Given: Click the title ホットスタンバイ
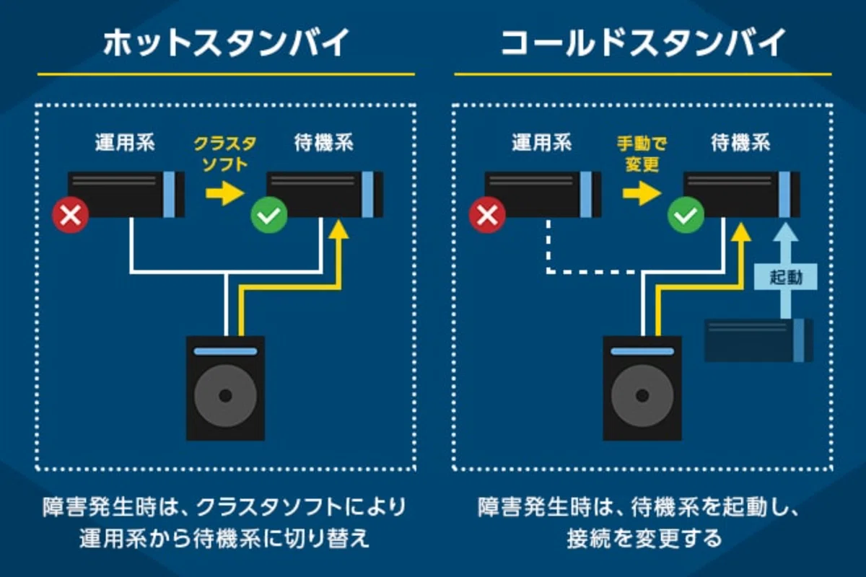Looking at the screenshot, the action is [x=226, y=43].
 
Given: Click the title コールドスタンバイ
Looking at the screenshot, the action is [x=643, y=43].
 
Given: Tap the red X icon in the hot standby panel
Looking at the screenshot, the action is [x=71, y=215].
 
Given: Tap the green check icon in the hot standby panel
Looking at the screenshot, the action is [x=269, y=215].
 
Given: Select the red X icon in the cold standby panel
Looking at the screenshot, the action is [x=487, y=215].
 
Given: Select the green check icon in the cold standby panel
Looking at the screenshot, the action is [x=686, y=215].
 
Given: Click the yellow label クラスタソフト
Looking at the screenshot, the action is [x=225, y=154].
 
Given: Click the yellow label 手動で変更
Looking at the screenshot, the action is [x=642, y=154].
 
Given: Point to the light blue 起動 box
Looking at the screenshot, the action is [x=786, y=277].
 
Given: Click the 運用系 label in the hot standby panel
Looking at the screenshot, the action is [x=125, y=143].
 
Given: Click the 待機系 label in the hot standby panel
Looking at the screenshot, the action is [x=324, y=143].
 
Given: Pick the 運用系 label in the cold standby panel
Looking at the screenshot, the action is [x=542, y=143].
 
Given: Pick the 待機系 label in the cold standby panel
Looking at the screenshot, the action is [x=740, y=143].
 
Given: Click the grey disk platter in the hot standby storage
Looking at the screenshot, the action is [x=225, y=395].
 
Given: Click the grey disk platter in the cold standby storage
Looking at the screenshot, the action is [x=642, y=395].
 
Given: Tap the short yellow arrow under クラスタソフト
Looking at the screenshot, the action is [x=225, y=193].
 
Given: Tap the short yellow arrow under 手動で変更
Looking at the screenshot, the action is [x=642, y=193].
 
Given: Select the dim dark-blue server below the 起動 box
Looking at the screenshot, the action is [x=758, y=340].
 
